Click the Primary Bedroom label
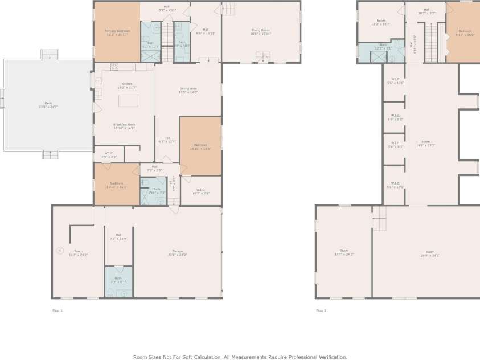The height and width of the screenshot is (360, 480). coord(117,32)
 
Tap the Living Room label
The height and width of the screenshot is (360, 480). coord(261,32)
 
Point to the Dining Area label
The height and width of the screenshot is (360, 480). coord(188,91)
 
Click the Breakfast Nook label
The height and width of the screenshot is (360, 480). coord(124,126)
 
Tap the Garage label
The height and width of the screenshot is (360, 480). coord(178,253)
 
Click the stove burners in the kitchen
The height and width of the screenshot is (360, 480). coord(114,66)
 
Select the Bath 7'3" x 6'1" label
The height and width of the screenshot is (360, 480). coord(118,280)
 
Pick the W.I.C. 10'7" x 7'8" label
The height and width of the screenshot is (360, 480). coord(200,191)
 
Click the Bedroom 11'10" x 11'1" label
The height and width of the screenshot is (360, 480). coord(117,185)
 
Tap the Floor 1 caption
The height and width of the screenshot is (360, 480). coord(57,310)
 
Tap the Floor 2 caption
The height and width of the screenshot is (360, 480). coord(321,310)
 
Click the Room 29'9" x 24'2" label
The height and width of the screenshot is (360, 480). coord(430,253)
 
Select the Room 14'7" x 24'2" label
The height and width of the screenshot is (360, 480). coord(344,252)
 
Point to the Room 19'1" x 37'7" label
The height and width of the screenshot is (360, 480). coord(425,144)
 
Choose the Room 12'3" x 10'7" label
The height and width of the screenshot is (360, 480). coord(380,22)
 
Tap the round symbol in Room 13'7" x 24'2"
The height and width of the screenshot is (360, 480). coord(60,249)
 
